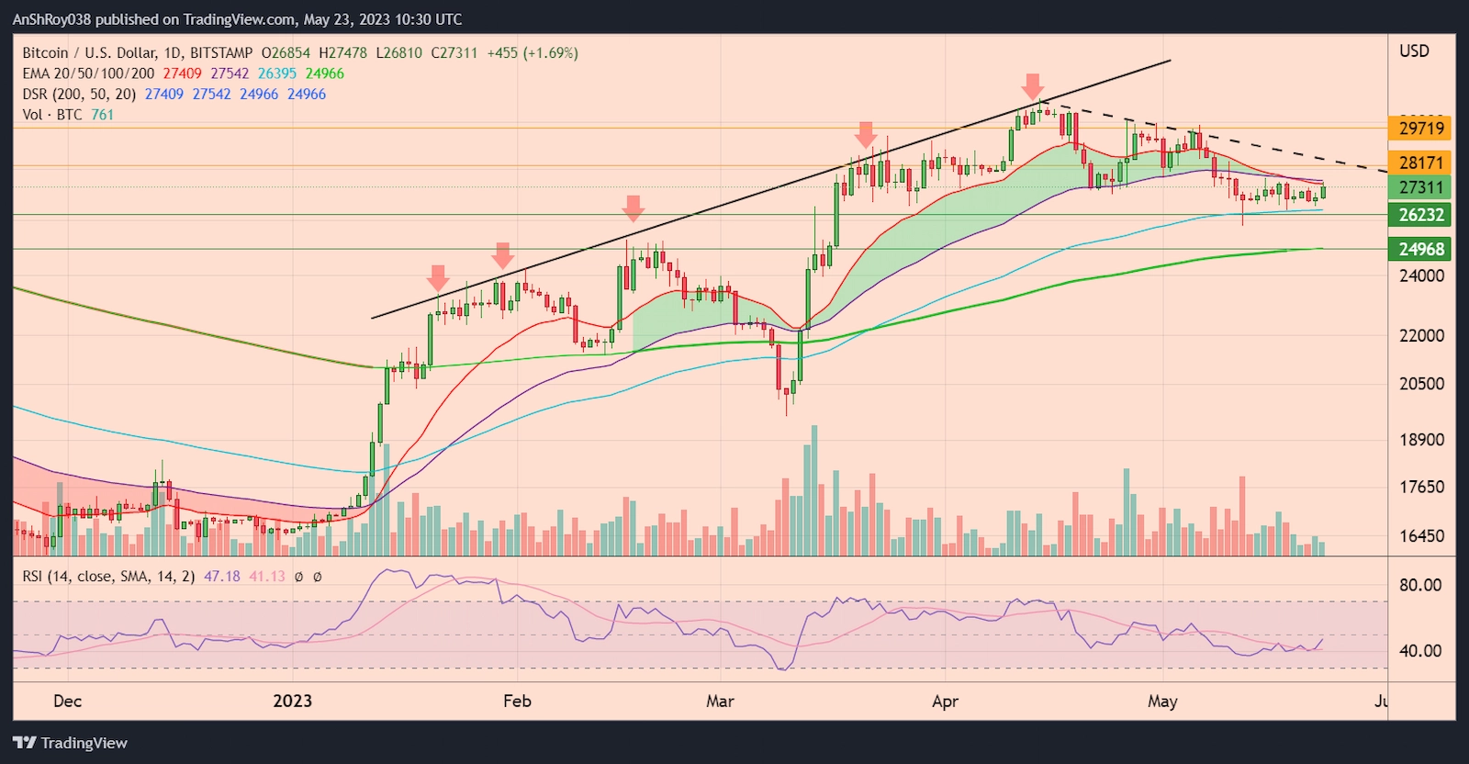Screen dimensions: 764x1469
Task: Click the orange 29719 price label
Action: tap(1420, 129)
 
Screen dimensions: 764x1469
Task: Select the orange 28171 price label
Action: tap(1420, 163)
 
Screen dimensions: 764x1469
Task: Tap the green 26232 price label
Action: tap(1420, 215)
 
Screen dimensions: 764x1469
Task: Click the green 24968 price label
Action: tap(1420, 249)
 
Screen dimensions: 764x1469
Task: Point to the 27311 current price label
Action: tap(1420, 187)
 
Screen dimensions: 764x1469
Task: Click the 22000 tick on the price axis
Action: tap(1421, 336)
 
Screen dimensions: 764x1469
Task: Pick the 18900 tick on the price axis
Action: tap(1421, 440)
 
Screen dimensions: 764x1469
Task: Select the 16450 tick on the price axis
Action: tap(1421, 536)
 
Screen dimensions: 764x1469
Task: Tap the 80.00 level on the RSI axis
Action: tap(1419, 585)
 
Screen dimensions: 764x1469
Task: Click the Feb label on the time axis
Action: tap(517, 702)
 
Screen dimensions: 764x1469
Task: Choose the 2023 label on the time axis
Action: tap(292, 702)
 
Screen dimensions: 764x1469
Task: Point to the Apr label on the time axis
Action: tap(945, 702)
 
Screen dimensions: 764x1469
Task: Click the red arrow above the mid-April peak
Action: tap(1033, 87)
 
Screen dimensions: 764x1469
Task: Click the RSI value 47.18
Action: tap(221, 577)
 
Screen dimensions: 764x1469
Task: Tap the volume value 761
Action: tap(102, 115)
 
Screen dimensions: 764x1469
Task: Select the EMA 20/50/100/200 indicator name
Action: tap(88, 73)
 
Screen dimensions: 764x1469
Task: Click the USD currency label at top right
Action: tap(1414, 51)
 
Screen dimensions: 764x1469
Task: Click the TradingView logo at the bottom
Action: tap(71, 743)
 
